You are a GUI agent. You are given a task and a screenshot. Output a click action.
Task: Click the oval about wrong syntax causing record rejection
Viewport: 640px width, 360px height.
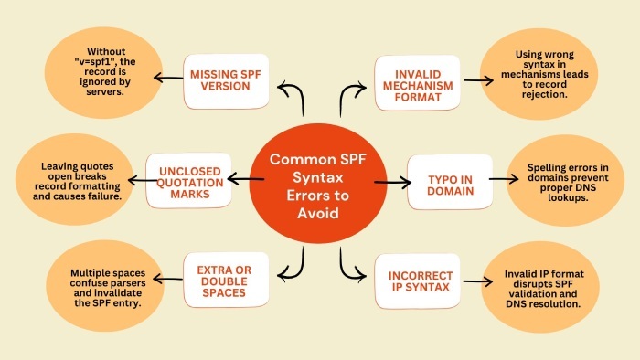click(543, 76)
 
